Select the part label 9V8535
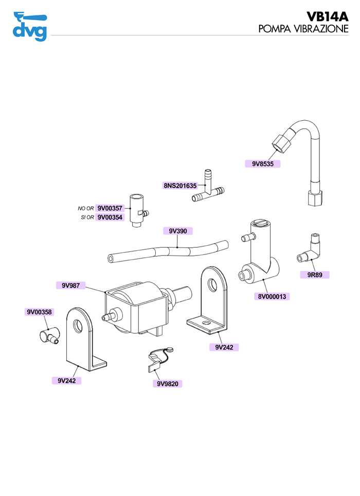click(x=262, y=164)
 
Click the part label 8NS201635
click(x=180, y=186)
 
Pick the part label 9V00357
click(x=110, y=209)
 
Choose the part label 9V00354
click(x=110, y=217)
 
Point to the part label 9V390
click(x=178, y=231)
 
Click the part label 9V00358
click(x=39, y=312)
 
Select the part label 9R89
click(x=314, y=275)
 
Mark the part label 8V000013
click(x=273, y=297)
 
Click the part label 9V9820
click(x=167, y=383)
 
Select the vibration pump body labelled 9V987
click(x=136, y=308)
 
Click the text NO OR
click(x=86, y=209)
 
